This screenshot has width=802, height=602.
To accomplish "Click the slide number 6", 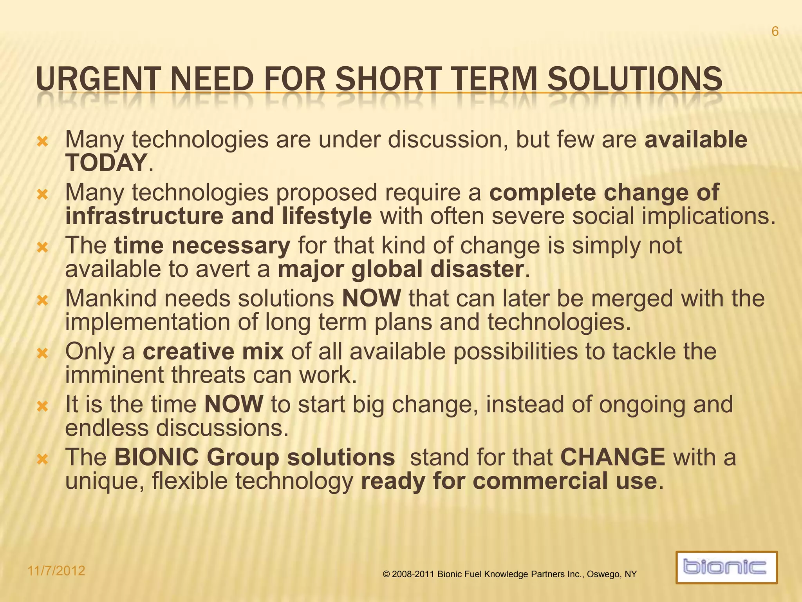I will point(775,31).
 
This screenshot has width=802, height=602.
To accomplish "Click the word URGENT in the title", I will point(98,80).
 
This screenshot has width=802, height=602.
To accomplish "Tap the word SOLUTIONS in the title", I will point(634,80).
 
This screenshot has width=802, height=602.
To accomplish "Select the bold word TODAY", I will point(106,163).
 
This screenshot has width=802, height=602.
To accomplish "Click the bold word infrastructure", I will point(144,216).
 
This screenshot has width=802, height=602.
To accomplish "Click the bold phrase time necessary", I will point(202,246).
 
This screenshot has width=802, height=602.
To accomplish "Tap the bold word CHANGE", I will point(612,457).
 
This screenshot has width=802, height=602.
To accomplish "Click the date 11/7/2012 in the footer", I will point(56,571).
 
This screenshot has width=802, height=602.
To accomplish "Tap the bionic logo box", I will point(726,567).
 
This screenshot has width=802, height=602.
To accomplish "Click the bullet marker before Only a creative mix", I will point(42,354).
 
